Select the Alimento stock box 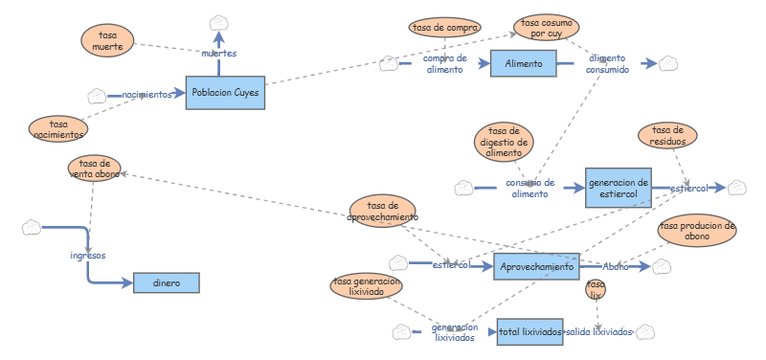[x=523, y=64]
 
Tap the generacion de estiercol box [x=619, y=188]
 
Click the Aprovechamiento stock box [x=536, y=267]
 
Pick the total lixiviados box [x=529, y=332]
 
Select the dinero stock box [x=165, y=282]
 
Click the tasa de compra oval [x=445, y=28]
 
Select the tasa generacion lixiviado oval [x=366, y=287]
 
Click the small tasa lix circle [x=596, y=289]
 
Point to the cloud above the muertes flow [x=219, y=22]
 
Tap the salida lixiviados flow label [x=598, y=332]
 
